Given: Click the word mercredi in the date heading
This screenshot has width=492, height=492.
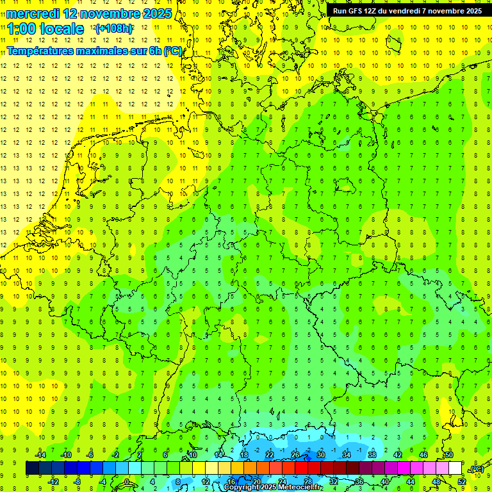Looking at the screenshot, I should tap(31, 13).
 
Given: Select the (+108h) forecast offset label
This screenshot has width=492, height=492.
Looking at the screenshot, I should tap(114, 29).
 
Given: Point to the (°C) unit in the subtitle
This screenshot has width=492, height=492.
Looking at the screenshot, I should tap(173, 50).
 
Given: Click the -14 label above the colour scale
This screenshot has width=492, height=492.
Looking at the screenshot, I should tap(40, 455).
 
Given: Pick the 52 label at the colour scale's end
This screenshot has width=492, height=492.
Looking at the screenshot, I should tap(462, 481).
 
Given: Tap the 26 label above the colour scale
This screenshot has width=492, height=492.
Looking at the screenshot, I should tap(295, 455).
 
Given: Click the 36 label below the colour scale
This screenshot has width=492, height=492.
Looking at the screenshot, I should tap(359, 481).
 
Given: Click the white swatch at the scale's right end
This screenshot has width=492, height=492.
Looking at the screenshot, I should tap(455, 468).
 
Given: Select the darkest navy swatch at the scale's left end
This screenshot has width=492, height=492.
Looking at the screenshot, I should tap(32, 468).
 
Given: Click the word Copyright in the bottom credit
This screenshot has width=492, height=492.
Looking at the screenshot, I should tap(242, 487).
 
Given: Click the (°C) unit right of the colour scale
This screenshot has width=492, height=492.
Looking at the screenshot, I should tap(477, 469).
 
